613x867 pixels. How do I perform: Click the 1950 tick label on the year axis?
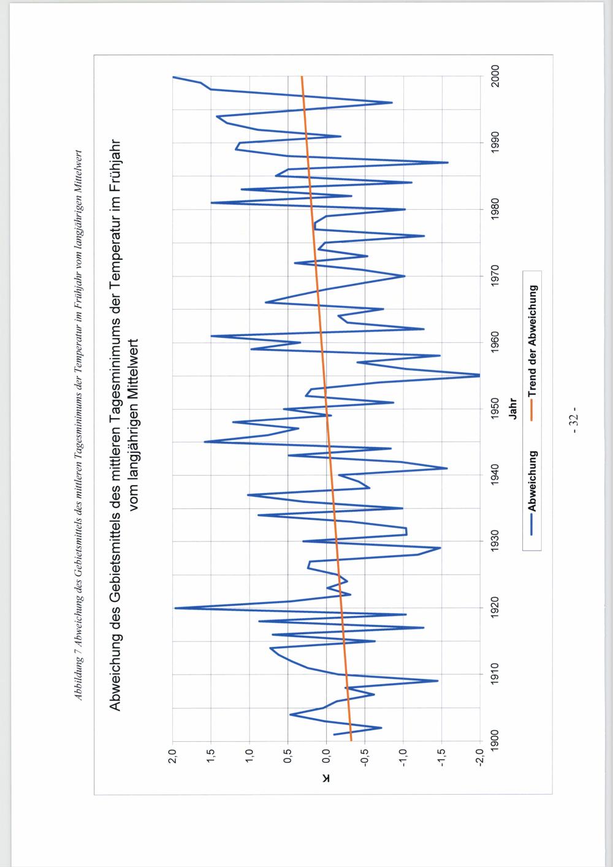[495, 409]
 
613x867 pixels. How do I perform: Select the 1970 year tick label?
[495, 276]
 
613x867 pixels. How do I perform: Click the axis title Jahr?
[514, 409]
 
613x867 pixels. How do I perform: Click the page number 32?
[574, 421]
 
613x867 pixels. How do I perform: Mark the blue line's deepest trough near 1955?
[479, 375]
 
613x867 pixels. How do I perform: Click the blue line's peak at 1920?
[175, 608]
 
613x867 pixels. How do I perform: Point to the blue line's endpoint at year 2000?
[173, 77]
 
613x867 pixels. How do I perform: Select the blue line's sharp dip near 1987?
[448, 162]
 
